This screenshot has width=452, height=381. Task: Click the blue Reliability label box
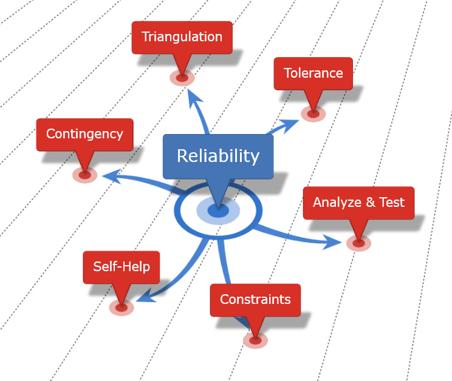click(217, 157)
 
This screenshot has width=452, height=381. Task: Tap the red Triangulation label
click(182, 37)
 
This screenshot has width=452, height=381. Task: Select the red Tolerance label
click(313, 73)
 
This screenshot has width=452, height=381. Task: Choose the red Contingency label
click(84, 134)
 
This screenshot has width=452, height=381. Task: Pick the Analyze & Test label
click(358, 203)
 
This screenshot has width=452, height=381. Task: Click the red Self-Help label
click(121, 267)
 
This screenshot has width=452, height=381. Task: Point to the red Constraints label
click(255, 300)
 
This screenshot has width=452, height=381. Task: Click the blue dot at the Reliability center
click(218, 211)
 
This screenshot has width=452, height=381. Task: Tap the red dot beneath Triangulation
click(182, 77)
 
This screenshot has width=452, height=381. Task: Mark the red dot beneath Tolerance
click(313, 113)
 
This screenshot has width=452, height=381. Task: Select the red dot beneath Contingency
click(84, 175)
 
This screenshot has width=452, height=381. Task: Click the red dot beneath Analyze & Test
click(358, 243)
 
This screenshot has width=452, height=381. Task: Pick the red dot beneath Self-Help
click(121, 307)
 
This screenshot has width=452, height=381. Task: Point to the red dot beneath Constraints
click(255, 340)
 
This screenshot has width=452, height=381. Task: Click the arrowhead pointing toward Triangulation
click(194, 96)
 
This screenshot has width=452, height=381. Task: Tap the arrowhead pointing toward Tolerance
click(292, 124)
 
